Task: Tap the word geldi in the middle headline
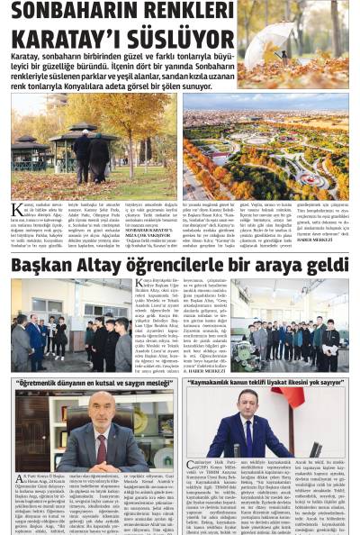coord(324,264)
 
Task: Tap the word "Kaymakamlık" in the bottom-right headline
coord(225,382)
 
